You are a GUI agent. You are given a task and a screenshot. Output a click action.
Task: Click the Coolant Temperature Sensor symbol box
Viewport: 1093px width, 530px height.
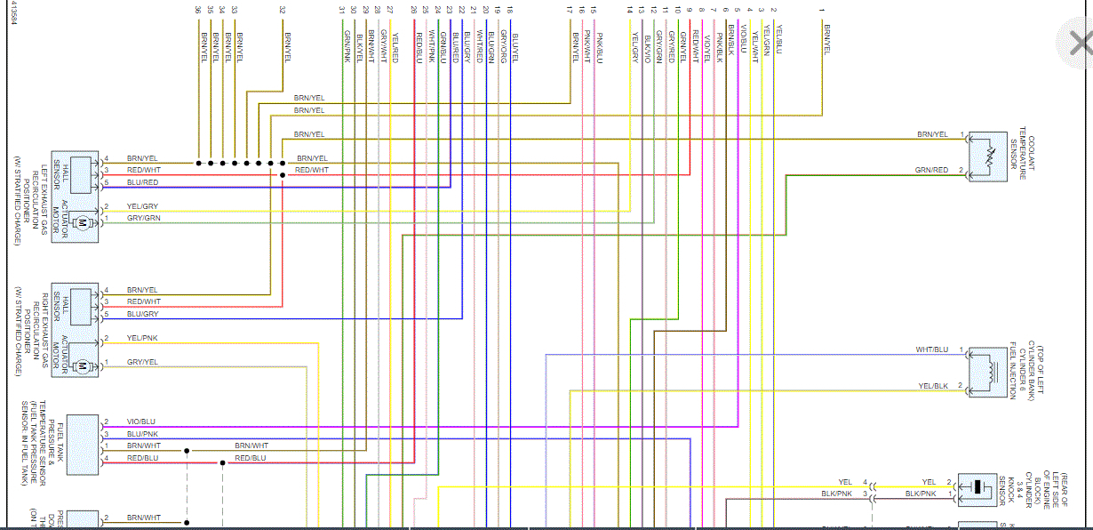tap(987, 157)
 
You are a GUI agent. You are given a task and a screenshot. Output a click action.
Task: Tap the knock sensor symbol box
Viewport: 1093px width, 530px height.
tap(978, 487)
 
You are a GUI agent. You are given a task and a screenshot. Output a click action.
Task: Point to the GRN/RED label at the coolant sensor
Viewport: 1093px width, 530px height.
tap(931, 170)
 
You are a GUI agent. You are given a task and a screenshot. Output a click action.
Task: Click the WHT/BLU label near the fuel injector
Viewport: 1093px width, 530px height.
tap(932, 350)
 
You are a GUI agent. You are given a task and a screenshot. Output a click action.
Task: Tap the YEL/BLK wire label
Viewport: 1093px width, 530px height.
tap(933, 386)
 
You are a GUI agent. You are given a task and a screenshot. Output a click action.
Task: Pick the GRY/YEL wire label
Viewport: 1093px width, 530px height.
tap(142, 362)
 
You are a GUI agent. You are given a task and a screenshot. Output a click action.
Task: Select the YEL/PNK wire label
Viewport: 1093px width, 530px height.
tap(142, 339)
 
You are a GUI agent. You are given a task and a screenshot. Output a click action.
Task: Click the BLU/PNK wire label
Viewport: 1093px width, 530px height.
tap(142, 434)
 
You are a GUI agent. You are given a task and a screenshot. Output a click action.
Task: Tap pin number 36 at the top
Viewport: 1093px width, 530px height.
tap(197, 9)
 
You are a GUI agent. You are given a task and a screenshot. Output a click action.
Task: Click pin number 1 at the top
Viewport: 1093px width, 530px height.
tap(822, 9)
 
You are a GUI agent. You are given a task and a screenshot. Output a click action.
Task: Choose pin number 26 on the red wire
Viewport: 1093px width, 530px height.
tap(414, 9)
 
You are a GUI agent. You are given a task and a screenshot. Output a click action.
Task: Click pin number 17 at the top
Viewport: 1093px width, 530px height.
tap(570, 9)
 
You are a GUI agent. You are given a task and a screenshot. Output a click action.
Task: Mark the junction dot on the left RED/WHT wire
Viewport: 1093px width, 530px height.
tap(283, 175)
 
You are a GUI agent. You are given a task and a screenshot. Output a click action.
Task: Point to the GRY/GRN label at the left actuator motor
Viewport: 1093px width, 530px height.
tap(143, 218)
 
